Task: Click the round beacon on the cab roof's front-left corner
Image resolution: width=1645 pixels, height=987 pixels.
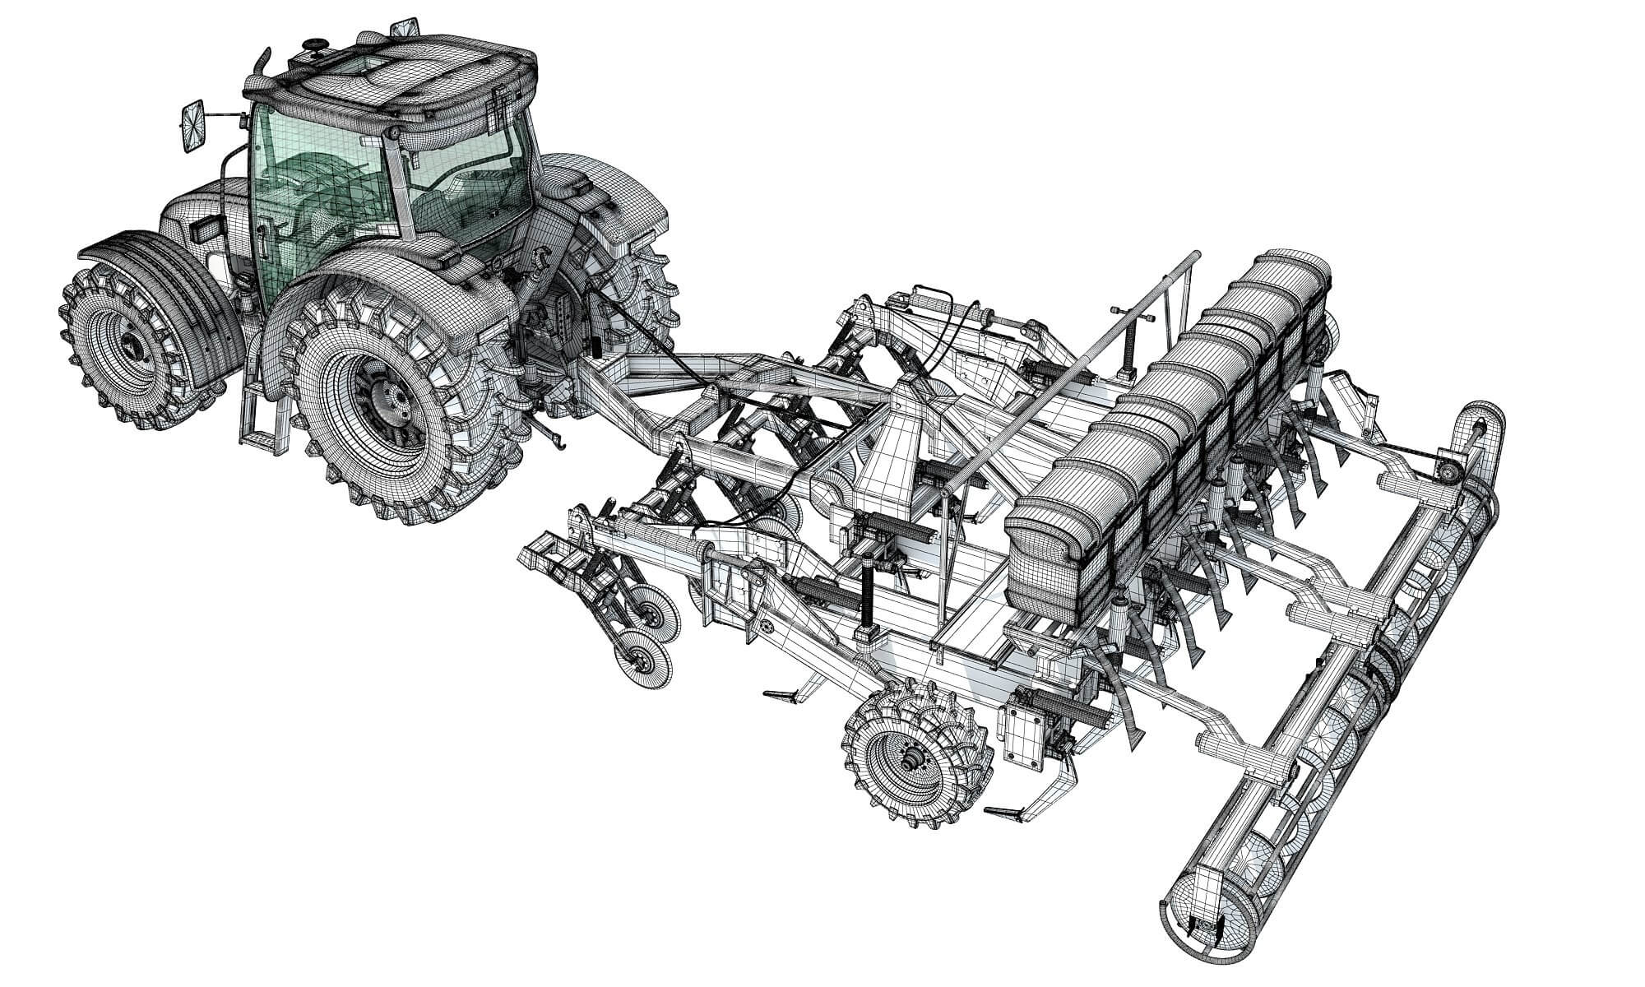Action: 314,44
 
